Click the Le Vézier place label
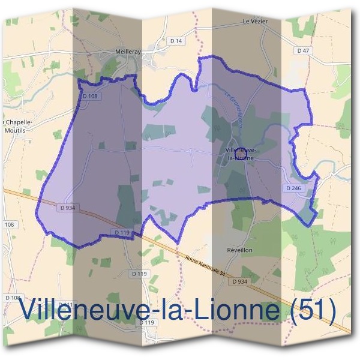pos(254,22)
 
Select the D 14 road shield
pos(175,41)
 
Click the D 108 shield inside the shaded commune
pos(89,95)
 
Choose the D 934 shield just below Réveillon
pos(239,281)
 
